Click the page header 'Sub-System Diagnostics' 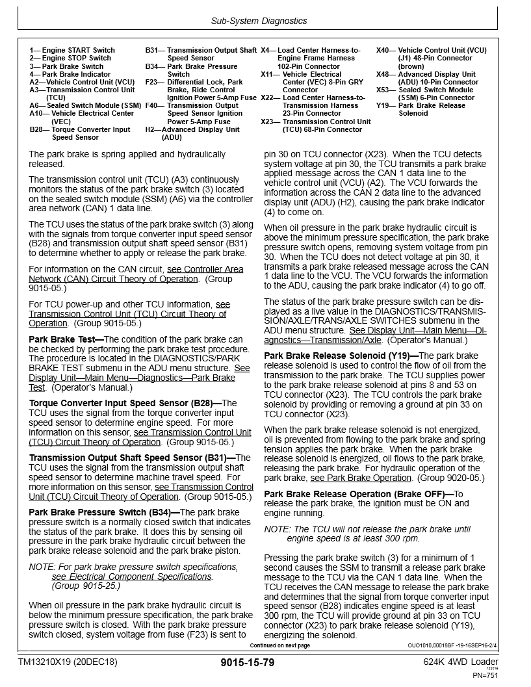pyautogui.click(x=259, y=21)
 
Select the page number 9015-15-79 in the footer pyautogui.click(x=248, y=663)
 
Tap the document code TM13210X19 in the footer pyautogui.click(x=68, y=662)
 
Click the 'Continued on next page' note pyautogui.click(x=280, y=645)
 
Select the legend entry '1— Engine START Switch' pyautogui.click(x=72, y=50)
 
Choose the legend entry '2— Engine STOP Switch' pyautogui.click(x=70, y=58)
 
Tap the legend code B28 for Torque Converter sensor pyautogui.click(x=36, y=129)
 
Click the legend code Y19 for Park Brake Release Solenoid pyautogui.click(x=383, y=105)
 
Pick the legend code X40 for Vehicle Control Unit pyautogui.click(x=383, y=50)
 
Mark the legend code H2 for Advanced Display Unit pyautogui.click(x=150, y=129)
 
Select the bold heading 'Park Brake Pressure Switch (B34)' pyautogui.click(x=99, y=512)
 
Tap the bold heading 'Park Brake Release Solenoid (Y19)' pyautogui.click(x=341, y=356)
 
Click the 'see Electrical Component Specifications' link pyautogui.click(x=131, y=577)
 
